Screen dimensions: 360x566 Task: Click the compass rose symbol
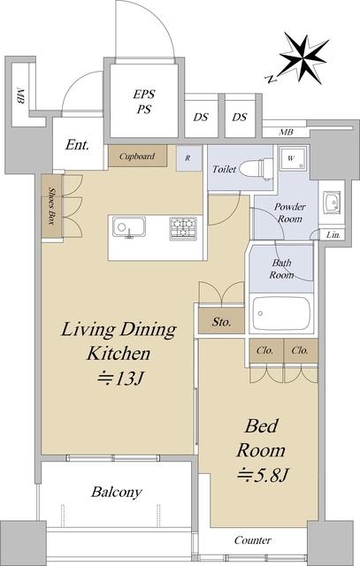304,58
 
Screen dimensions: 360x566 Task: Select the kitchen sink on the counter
129,227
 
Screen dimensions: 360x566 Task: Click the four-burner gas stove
183,228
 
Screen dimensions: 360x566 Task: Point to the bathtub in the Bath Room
281,313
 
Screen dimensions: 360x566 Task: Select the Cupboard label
137,157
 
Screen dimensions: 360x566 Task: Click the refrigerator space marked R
188,157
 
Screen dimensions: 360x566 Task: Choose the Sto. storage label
221,321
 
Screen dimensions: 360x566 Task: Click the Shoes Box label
51,206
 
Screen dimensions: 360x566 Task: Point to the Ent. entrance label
77,145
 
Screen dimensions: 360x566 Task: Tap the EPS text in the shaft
143,95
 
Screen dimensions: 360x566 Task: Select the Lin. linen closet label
333,234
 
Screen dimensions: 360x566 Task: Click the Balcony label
117,492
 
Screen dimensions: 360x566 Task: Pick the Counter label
253,540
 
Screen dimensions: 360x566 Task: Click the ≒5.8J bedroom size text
262,476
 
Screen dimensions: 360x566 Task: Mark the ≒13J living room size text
121,378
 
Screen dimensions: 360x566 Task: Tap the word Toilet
225,169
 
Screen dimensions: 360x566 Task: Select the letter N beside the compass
271,79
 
